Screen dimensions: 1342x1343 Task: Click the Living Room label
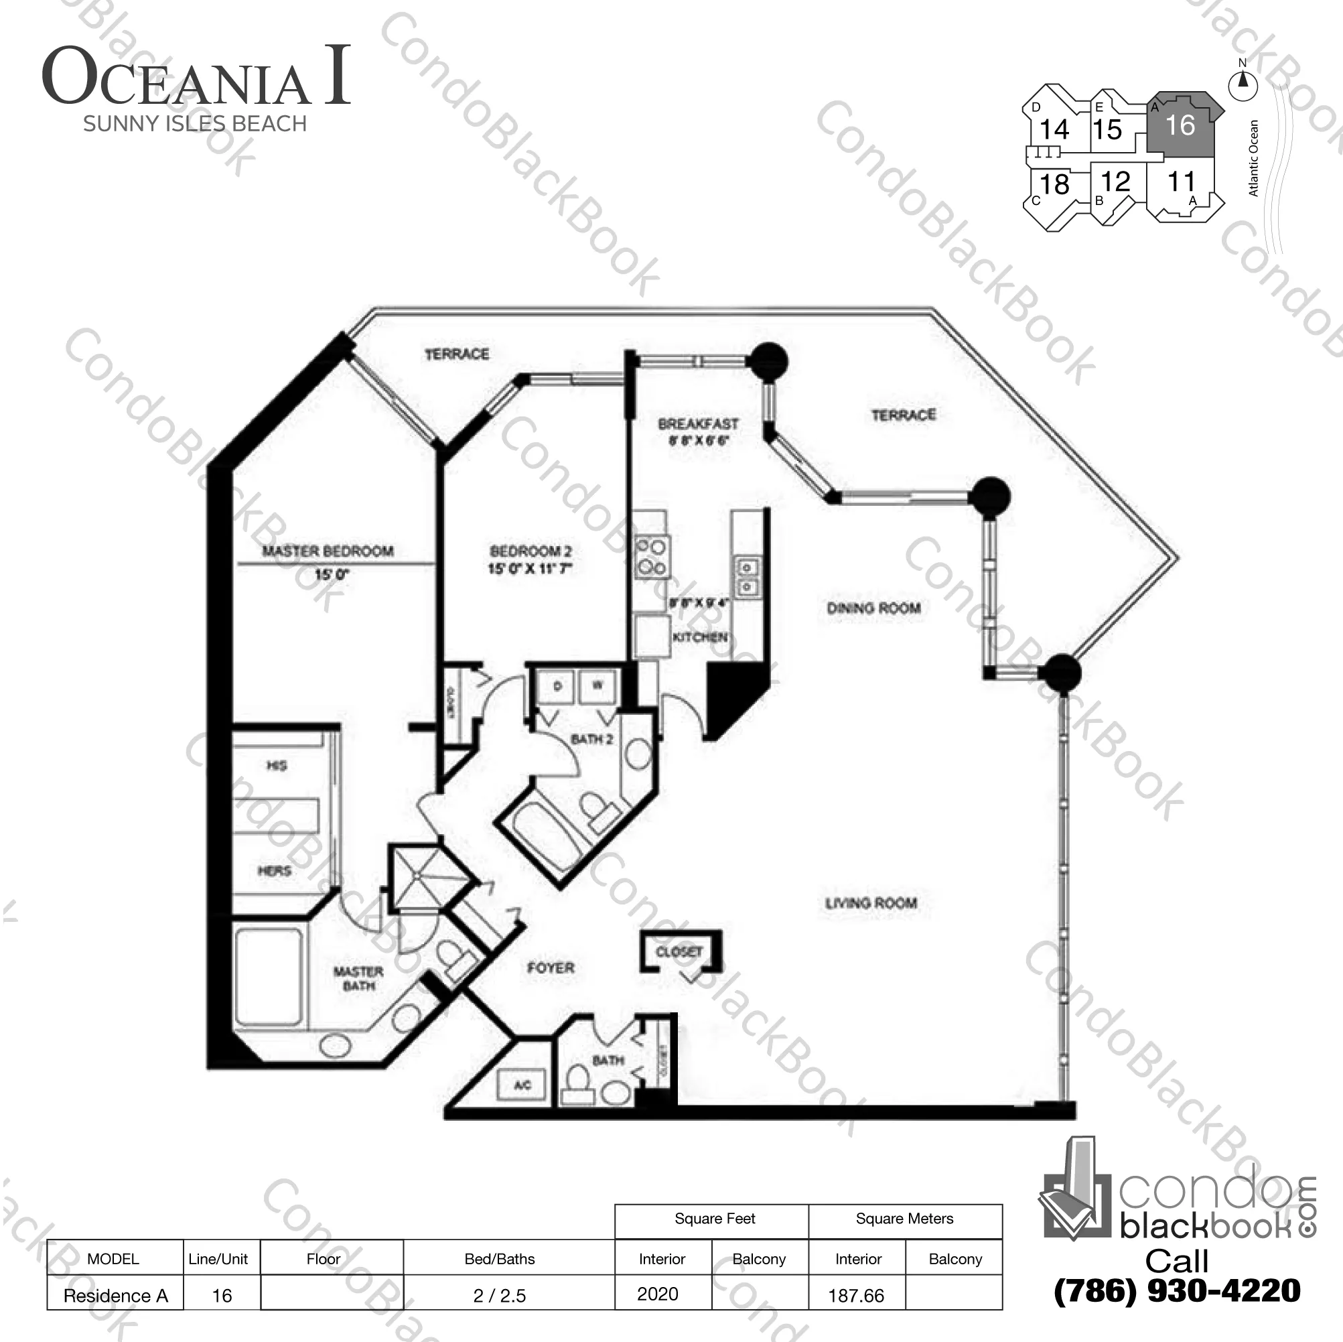coord(871,903)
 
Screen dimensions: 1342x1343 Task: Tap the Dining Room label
coord(873,608)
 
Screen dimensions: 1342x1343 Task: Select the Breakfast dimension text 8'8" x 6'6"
coord(698,441)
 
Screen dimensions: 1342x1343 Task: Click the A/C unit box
coord(522,1085)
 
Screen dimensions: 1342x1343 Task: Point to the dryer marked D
coord(557,686)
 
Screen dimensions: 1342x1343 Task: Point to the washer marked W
coord(597,686)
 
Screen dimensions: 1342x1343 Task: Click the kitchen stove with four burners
coord(652,557)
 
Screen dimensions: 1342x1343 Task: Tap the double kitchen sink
coord(748,577)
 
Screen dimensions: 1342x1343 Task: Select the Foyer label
coord(551,968)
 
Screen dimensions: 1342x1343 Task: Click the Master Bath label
coord(358,978)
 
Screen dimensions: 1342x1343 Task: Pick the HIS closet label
coord(276,766)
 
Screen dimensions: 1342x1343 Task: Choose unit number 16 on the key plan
coord(1180,126)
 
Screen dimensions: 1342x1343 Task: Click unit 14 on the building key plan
coord(1054,129)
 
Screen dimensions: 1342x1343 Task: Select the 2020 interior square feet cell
coord(658,1294)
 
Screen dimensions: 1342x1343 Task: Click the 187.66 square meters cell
coord(857,1295)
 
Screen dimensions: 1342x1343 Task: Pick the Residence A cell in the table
coord(115,1295)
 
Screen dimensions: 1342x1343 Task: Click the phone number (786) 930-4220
coord(1177,1291)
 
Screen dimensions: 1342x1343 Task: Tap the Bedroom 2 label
coord(531,551)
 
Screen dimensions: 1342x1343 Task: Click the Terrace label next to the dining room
coord(904,415)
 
